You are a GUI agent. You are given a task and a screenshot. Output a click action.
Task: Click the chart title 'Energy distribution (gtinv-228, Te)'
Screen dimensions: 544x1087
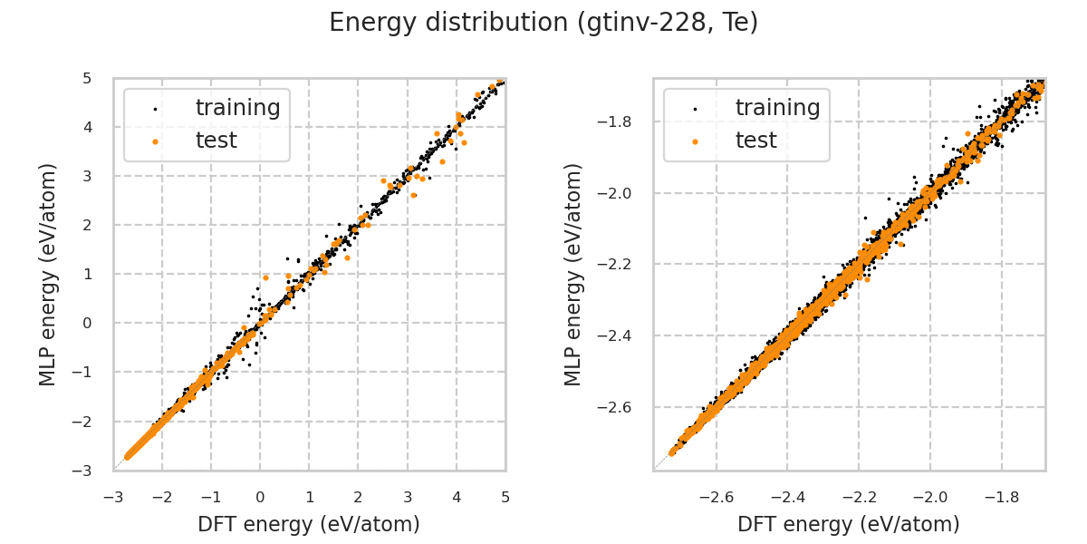pos(543,23)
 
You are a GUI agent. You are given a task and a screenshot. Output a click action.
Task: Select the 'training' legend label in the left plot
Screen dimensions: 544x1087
pos(237,108)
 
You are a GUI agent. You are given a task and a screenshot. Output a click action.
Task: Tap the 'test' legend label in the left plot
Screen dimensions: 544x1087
pos(216,141)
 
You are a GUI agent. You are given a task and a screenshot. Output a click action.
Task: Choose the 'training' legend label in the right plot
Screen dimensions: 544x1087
pos(777,108)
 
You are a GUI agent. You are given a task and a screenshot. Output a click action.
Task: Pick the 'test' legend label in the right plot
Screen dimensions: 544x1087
pos(755,141)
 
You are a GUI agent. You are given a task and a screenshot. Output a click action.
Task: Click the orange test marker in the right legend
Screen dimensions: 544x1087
pos(695,141)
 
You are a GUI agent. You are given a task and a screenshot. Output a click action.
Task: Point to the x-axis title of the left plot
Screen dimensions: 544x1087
pos(309,524)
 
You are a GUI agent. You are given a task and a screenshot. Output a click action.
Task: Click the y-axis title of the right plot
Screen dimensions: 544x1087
pos(573,274)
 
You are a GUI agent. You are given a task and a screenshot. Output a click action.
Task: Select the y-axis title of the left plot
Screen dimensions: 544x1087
pos(48,274)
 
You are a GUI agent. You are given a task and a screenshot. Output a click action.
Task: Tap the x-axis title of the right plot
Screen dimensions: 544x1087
pos(849,524)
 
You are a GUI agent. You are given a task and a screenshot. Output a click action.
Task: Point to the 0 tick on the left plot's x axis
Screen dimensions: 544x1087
pos(260,497)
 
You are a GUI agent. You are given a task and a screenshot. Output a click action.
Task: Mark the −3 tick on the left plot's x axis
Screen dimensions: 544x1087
pos(113,497)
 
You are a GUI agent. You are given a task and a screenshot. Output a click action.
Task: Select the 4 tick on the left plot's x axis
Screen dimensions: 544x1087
pos(457,497)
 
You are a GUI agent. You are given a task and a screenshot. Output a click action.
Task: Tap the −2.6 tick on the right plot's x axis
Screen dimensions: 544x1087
pos(716,497)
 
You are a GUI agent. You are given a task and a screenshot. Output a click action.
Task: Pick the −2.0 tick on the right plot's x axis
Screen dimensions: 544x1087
pos(929,497)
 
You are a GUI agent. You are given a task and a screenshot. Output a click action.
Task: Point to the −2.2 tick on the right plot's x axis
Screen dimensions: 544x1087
pos(858,497)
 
